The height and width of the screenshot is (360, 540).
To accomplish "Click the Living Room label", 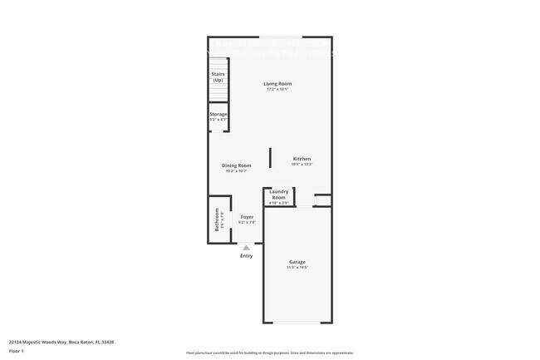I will coord(277,83).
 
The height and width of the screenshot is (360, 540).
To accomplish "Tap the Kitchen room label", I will coord(302,159).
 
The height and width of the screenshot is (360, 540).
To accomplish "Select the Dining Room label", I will coord(236,165).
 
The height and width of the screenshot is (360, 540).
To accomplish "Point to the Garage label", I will coord(297,262).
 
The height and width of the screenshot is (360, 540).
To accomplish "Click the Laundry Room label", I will coord(278,194).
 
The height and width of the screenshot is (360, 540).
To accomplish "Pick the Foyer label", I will coord(247,217).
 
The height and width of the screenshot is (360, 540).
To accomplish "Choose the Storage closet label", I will coord(218,114).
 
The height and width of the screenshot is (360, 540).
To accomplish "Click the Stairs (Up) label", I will coord(218,76).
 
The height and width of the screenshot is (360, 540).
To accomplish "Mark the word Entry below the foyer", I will coord(247,255).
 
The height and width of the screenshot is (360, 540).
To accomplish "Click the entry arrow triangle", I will coord(246,247).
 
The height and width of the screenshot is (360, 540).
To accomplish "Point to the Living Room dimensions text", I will coord(277,89).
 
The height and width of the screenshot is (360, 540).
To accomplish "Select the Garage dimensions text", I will coord(297,268).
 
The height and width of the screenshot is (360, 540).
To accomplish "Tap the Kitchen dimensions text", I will coord(302,165).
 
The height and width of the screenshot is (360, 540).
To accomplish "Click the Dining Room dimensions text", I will coord(236,171).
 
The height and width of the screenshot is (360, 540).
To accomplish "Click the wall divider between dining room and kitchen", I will coord(270,157).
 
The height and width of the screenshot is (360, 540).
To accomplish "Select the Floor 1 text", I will coord(17,351).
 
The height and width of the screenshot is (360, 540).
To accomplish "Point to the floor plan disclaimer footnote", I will coord(269,353).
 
